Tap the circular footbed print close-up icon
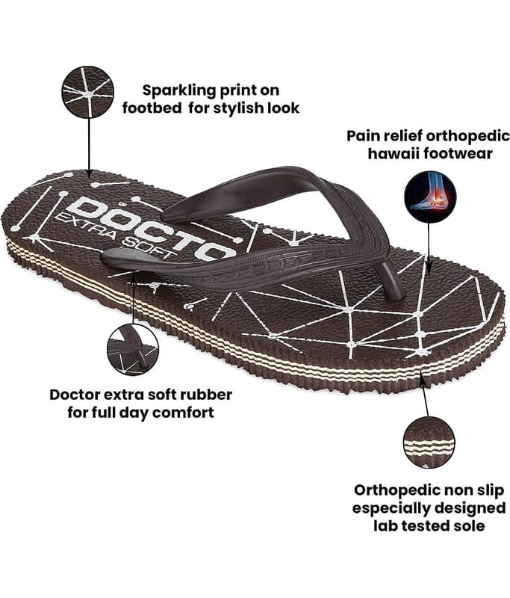click(87, 92)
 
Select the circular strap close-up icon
click(132, 349)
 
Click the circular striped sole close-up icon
click(429, 442)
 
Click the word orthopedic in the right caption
click(448, 137)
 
